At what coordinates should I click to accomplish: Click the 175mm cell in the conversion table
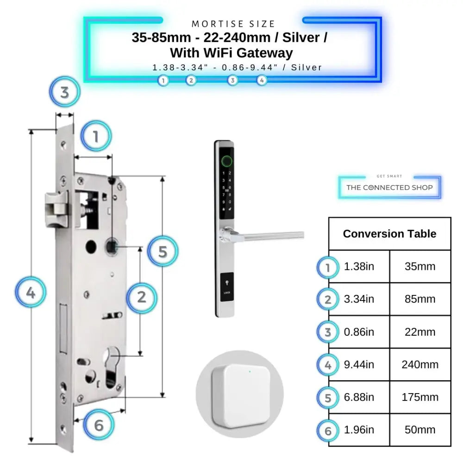tap(420, 397)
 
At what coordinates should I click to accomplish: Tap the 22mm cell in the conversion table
tap(420, 332)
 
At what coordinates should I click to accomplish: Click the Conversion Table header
tap(389, 234)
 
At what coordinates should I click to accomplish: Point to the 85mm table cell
tap(420, 300)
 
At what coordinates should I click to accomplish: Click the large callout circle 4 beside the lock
tap(31, 293)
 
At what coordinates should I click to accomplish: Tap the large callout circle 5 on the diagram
tap(163, 251)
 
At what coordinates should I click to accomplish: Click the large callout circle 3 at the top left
tap(65, 92)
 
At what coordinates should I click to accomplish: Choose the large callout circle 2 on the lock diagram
tap(142, 297)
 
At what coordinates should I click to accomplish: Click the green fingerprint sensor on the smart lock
tap(226, 161)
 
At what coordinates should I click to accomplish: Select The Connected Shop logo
tap(389, 187)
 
